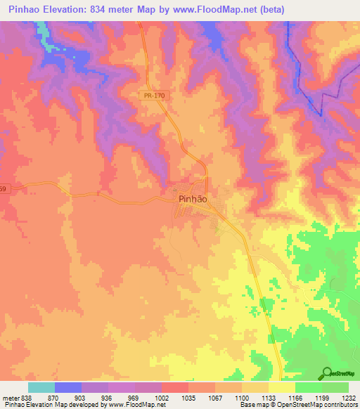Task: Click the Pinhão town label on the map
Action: [191, 199]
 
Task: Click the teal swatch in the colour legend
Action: [41, 387]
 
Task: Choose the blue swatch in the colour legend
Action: [68, 387]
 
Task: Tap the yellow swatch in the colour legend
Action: [282, 387]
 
